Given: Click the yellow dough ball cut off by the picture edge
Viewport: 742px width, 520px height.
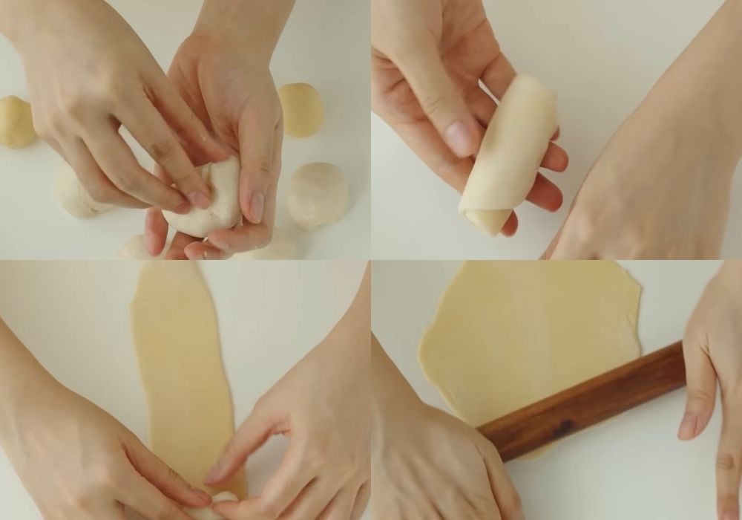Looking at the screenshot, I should (15, 121).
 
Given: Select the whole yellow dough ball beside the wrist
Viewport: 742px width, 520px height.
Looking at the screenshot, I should (301, 110).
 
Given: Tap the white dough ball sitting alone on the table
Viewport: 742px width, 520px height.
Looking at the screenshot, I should (318, 195).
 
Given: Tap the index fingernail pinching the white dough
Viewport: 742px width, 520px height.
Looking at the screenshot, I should (199, 199).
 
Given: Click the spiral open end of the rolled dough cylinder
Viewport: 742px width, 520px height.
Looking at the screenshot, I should (486, 219).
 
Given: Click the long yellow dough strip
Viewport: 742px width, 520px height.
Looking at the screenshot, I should (182, 371).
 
